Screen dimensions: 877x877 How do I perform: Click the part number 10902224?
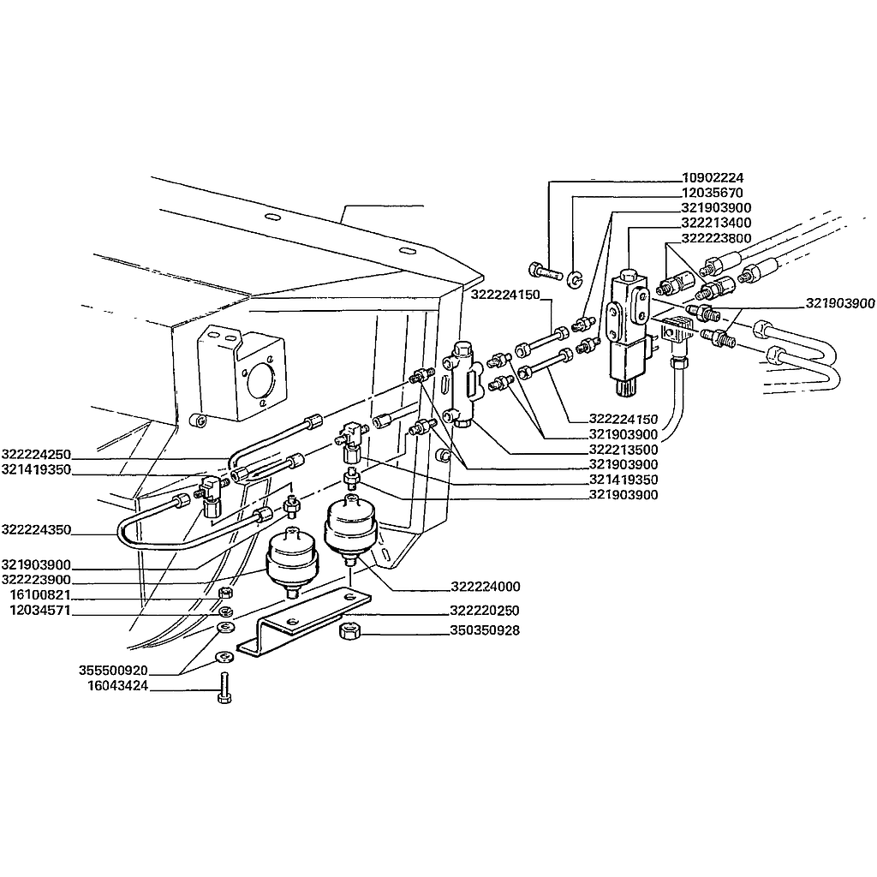[713, 178]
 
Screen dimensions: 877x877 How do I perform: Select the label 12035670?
[713, 193]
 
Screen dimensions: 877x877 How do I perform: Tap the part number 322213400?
[716, 223]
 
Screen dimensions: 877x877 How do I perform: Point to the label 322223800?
[716, 238]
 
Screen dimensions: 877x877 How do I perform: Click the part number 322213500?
[623, 449]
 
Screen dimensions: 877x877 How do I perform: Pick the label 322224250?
[36, 454]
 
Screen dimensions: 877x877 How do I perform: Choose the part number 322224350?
[36, 529]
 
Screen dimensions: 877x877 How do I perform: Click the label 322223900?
[36, 580]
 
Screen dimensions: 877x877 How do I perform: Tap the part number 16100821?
[39, 594]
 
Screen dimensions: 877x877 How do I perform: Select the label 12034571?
[39, 610]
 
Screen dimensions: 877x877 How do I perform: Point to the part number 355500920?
[113, 670]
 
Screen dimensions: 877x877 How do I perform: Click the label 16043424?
[117, 686]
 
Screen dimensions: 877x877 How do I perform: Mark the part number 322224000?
[486, 586]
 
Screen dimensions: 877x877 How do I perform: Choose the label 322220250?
[485, 610]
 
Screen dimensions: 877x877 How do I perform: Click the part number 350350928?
[485, 630]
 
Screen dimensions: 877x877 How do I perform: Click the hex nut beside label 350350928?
[349, 632]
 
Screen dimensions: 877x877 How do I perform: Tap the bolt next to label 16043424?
[224, 688]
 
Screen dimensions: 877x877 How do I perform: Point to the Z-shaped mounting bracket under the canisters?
[303, 621]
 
